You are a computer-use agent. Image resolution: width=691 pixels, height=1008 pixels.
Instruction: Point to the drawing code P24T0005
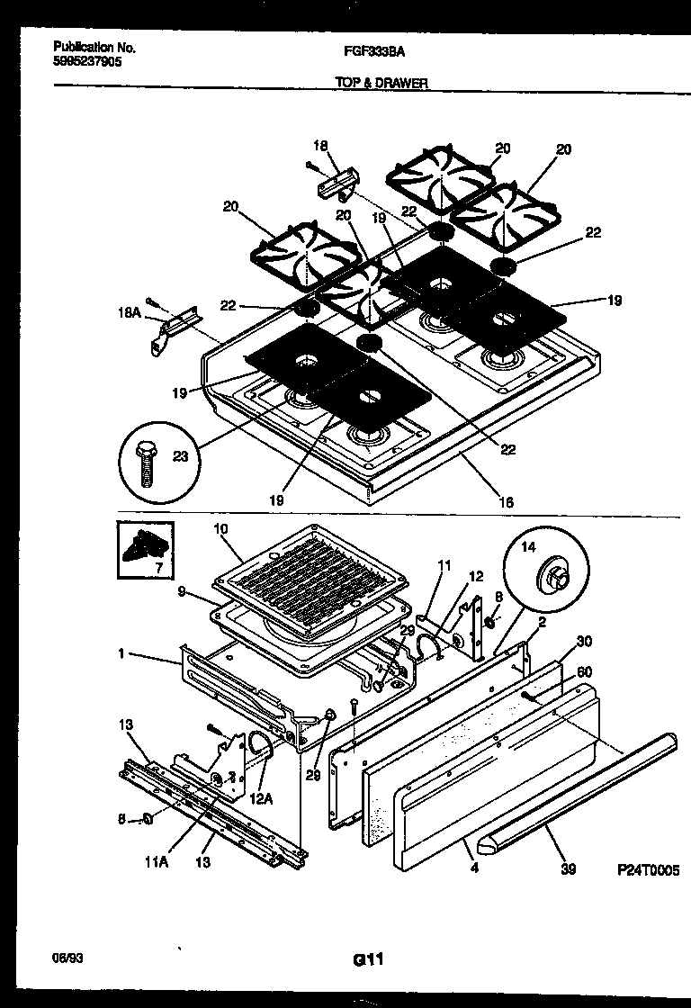tap(647, 871)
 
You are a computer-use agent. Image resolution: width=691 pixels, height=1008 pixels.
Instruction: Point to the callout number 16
tap(507, 502)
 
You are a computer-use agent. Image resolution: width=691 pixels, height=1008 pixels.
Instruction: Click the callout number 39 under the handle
tap(567, 870)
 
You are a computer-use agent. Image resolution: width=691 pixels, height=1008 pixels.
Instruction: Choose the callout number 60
tap(584, 670)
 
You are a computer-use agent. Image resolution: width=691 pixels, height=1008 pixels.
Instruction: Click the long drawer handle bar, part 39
tap(576, 792)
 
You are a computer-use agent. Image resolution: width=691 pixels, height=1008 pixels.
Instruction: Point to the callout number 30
tap(584, 642)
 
